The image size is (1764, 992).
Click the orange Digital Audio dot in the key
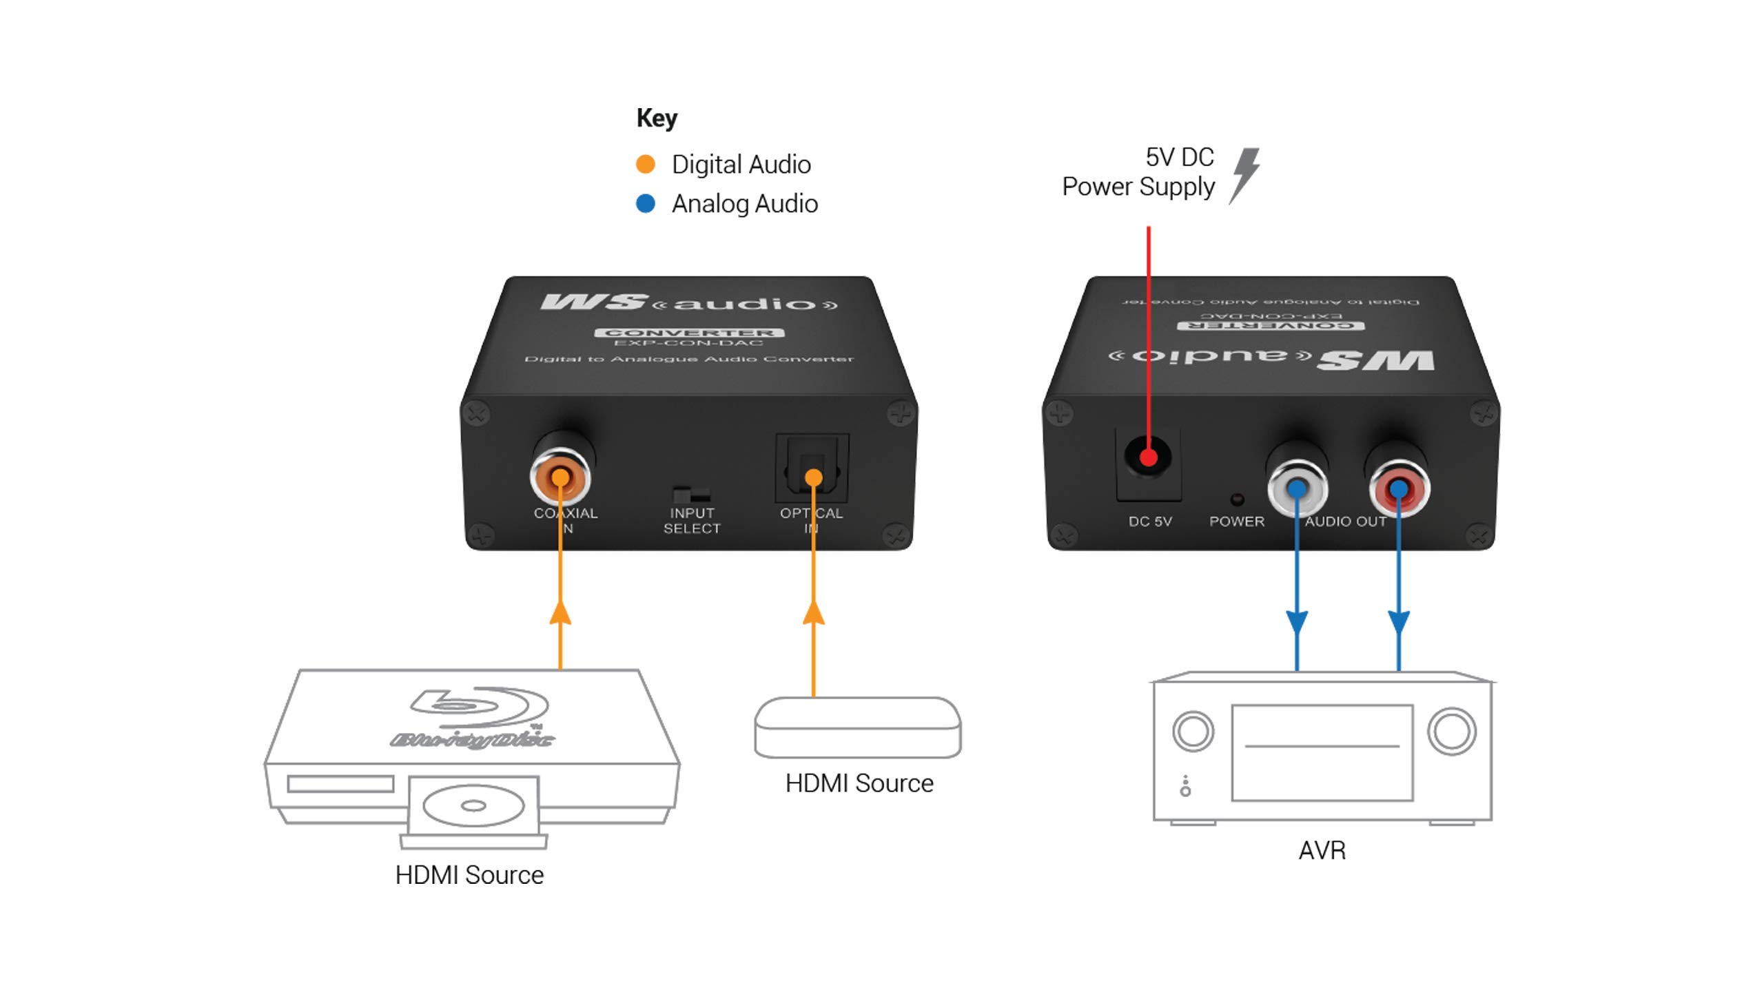click(x=645, y=164)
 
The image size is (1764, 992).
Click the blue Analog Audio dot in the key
click(x=645, y=204)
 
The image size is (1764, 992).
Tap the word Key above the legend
click(x=657, y=118)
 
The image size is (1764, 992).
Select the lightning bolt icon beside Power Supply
click(x=1245, y=175)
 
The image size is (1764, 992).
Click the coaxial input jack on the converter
click(x=560, y=477)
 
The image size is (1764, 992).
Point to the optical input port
click(x=812, y=469)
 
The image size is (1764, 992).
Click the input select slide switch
click(x=691, y=495)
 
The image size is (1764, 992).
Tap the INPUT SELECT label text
click(x=692, y=521)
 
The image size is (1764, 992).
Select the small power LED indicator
click(x=1237, y=499)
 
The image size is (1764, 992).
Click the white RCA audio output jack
click(x=1297, y=488)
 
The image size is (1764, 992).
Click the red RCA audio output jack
click(x=1398, y=488)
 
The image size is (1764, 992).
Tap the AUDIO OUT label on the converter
click(x=1345, y=521)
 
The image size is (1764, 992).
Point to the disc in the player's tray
click(x=473, y=805)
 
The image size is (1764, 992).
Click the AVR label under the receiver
click(x=1322, y=850)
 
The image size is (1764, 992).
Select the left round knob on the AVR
click(x=1193, y=731)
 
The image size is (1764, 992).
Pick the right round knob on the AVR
click(x=1451, y=731)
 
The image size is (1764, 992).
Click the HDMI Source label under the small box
click(x=859, y=783)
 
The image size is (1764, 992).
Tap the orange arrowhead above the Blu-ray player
click(x=560, y=612)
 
